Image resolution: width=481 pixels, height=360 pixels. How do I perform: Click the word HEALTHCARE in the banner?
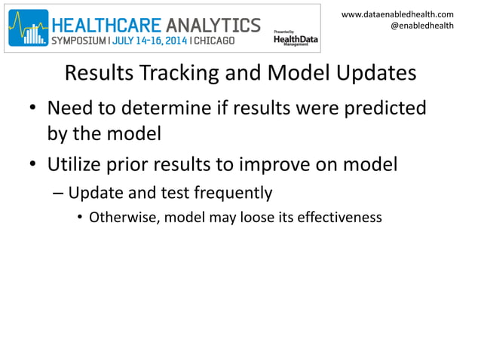point(110,25)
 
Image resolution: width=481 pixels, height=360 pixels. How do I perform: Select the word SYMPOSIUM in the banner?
point(80,39)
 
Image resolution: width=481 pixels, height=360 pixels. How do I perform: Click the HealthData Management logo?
point(290,38)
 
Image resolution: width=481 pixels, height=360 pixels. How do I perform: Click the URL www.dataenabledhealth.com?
point(397,14)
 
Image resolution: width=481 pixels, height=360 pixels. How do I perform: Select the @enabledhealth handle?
point(421,26)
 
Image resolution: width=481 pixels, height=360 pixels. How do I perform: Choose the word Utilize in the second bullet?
point(76,163)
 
